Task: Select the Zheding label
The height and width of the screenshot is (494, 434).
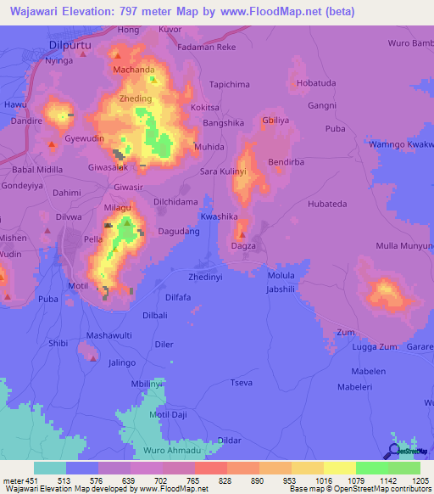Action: pos(136,99)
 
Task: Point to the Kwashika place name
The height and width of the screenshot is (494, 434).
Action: pos(219,216)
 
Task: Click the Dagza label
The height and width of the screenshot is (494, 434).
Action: pos(243,246)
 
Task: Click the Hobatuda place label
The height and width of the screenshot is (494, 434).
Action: pos(318,83)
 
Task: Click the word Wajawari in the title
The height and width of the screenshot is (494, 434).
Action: pos(39,12)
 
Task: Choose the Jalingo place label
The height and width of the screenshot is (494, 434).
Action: pos(122,362)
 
